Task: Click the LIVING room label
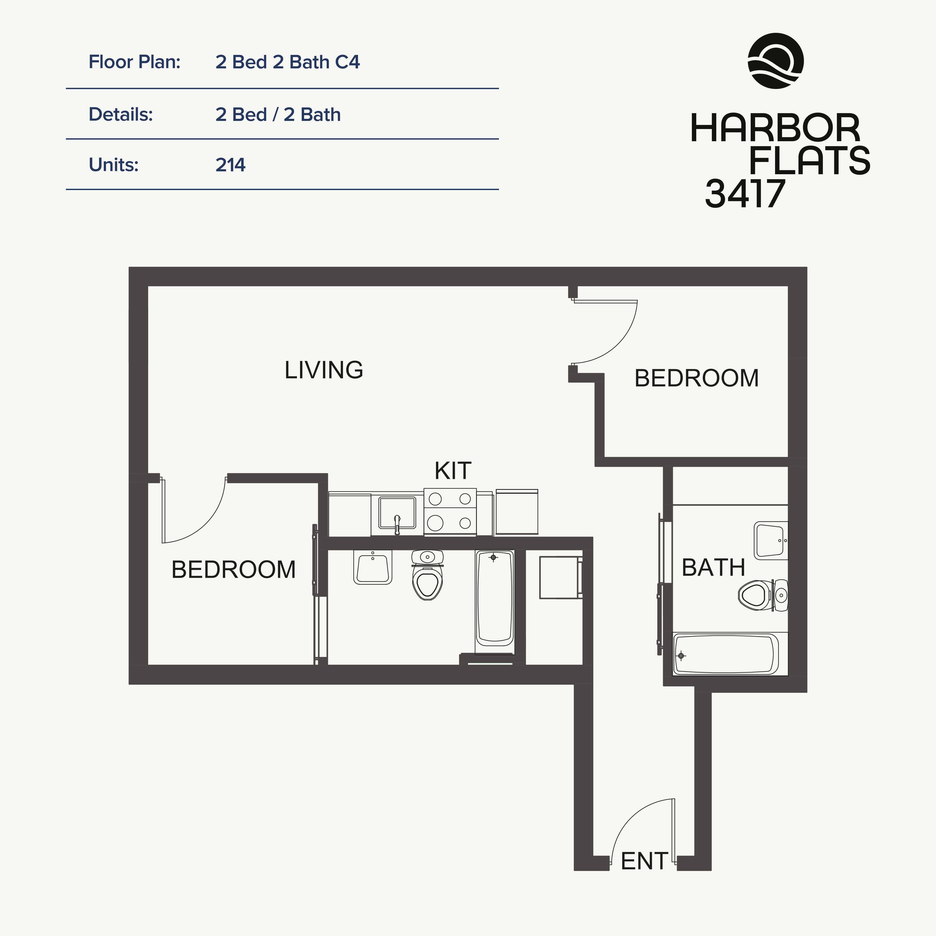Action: (324, 370)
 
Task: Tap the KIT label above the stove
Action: (452, 470)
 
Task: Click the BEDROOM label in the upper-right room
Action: (696, 378)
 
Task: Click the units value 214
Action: (231, 165)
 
